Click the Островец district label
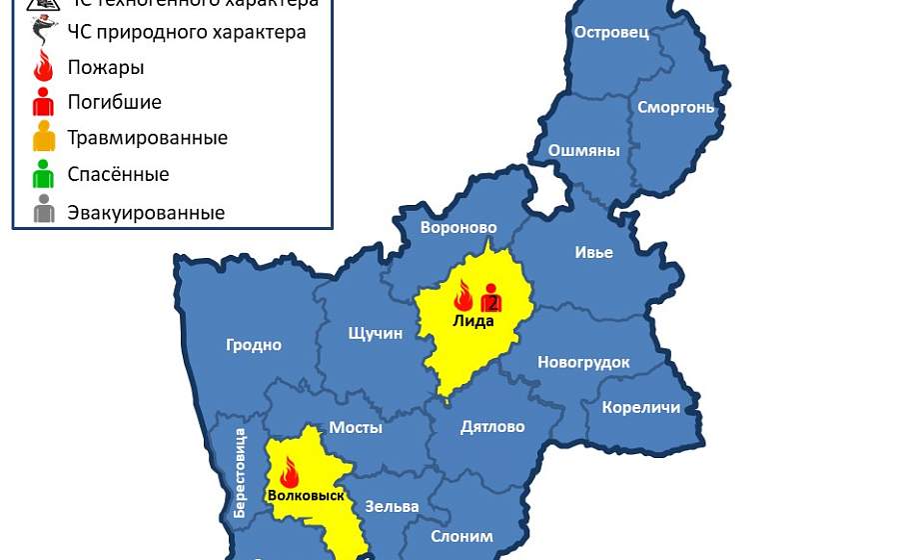611,32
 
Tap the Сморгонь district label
675,107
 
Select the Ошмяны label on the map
583,151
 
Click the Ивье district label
593,252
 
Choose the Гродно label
254,345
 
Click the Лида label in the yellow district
473,321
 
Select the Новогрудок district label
583,362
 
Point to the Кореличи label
640,407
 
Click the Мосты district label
356,427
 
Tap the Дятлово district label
492,427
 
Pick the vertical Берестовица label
240,473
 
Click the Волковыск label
306,495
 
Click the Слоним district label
461,536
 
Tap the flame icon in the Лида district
462,296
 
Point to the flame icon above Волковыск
290,471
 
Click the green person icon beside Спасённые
43,174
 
